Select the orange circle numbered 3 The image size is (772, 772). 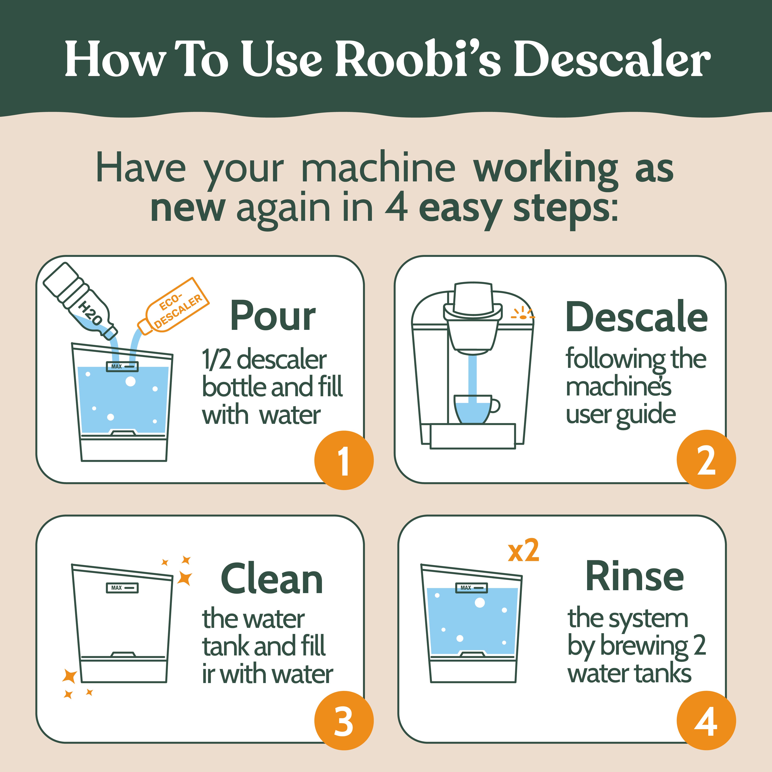tap(344, 720)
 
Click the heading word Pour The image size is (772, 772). tap(273, 317)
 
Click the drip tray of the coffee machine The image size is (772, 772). tap(473, 436)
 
